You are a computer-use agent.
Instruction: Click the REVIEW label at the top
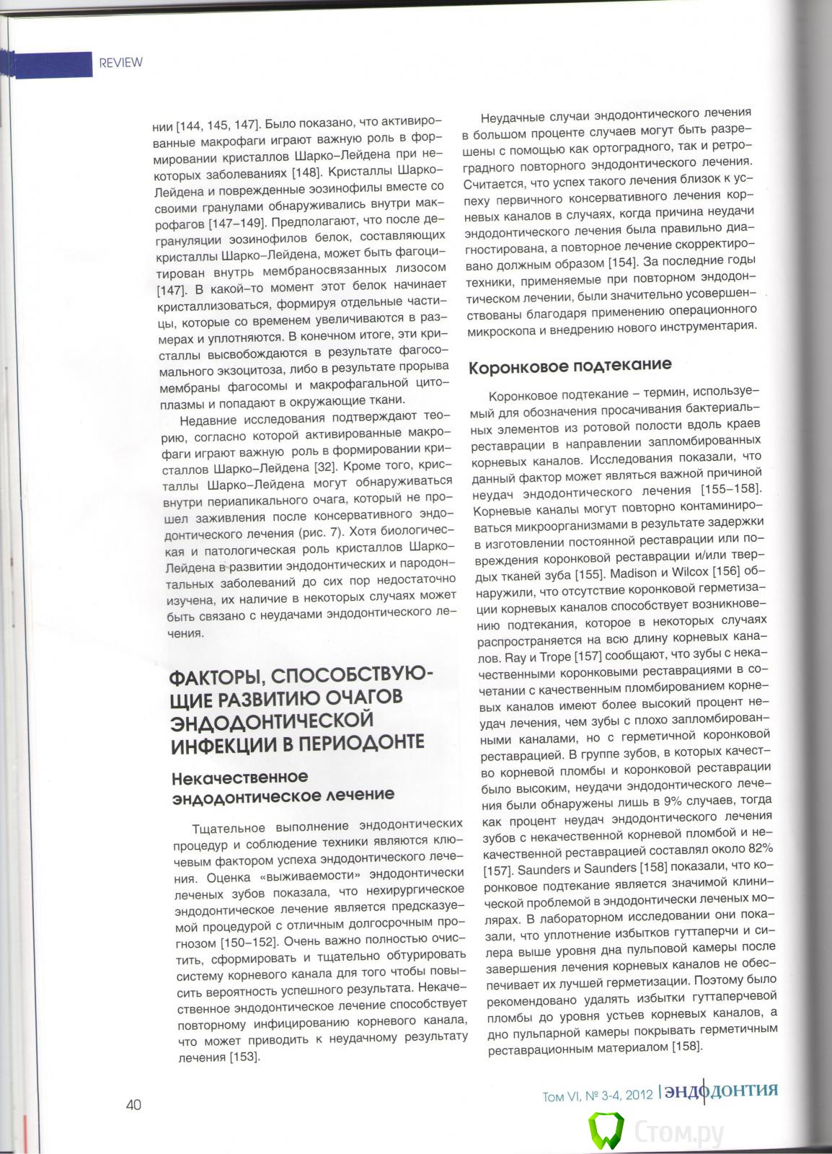(x=120, y=62)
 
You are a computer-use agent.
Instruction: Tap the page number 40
(x=133, y=1105)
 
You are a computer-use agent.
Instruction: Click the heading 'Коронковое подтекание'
(x=570, y=366)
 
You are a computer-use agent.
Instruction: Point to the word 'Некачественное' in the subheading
(x=239, y=777)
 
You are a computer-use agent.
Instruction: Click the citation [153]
(x=244, y=1057)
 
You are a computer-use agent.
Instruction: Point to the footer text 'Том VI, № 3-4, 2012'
(x=598, y=1096)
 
